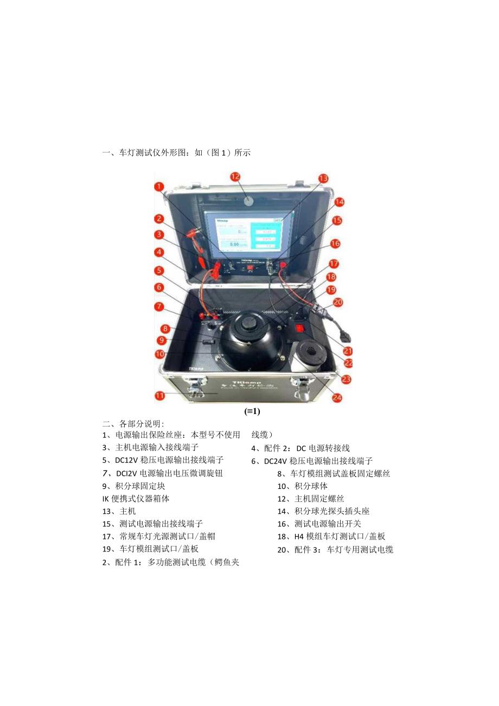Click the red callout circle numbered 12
[235, 176]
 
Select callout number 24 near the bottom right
[337, 398]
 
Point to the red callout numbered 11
[159, 396]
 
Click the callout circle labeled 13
[323, 178]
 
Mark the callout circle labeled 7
[159, 306]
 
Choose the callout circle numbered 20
[338, 302]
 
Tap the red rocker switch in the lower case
[299, 327]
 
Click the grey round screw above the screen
[249, 201]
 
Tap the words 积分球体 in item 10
[311, 486]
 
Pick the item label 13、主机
[119, 511]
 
